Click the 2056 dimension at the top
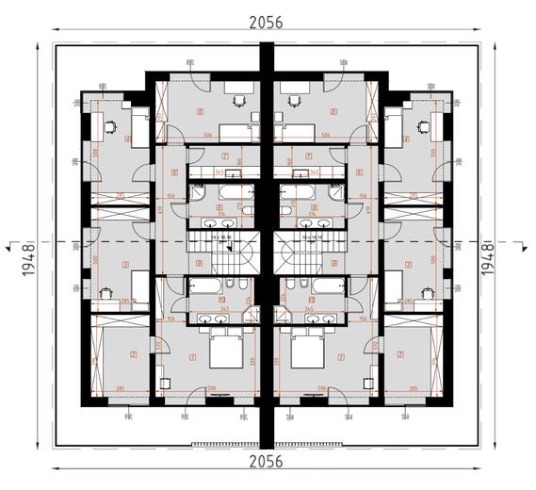pos(268,22)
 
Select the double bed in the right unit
pos(307,355)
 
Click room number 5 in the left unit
pos(201,111)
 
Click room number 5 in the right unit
pos(334,111)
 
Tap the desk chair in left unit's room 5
pos(238,97)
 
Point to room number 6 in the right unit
pos(361,172)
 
